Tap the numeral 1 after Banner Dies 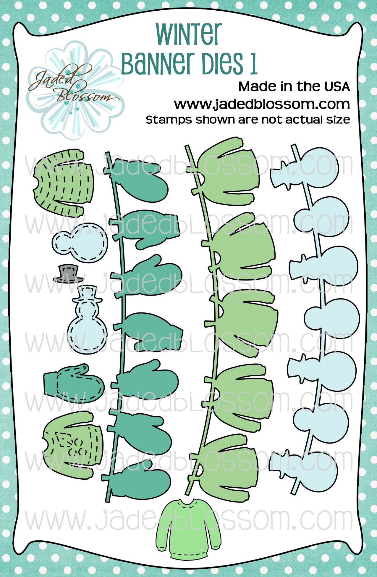[253, 63]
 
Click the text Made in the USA [294, 86]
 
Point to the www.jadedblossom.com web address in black [262, 104]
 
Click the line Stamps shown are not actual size [248, 120]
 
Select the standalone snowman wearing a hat [87, 320]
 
